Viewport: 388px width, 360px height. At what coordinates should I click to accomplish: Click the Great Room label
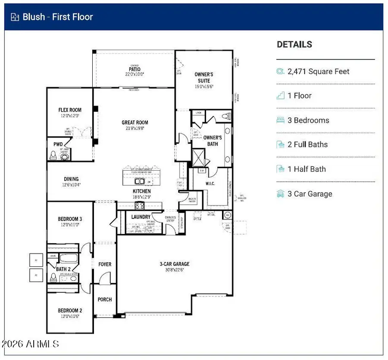pos(135,122)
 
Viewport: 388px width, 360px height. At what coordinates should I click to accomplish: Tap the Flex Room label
pos(70,110)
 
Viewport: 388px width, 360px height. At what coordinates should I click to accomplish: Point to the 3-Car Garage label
pos(175,264)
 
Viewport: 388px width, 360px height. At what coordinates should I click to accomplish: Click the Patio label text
pos(135,69)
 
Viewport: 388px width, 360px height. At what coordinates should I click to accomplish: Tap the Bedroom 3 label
pos(70,219)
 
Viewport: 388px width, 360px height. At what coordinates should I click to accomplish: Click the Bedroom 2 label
pos(70,310)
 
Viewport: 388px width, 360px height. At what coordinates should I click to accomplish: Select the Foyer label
pos(105,264)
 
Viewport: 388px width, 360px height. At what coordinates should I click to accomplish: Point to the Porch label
pos(105,299)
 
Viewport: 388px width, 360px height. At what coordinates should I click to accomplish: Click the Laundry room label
pos(141,217)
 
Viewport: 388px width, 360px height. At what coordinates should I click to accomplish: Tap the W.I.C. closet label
pos(210,184)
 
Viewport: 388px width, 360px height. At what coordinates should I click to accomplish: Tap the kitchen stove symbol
pos(140,205)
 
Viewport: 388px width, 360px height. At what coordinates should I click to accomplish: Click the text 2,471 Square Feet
pos(318,72)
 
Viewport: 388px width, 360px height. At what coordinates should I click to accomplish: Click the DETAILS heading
pos(294,44)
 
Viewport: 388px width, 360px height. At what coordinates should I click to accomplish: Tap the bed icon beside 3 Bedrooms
pos(281,120)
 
